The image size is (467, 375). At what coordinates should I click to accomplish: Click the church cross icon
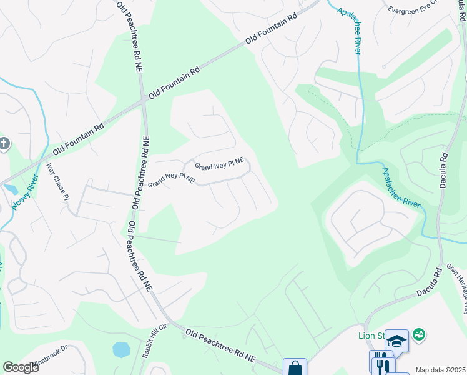pyautogui.click(x=3, y=144)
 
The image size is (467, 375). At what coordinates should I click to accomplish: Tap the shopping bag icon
pyautogui.click(x=294, y=367)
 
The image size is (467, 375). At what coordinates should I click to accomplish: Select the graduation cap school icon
pyautogui.click(x=396, y=341)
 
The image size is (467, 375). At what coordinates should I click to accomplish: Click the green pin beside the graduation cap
pyautogui.click(x=418, y=335)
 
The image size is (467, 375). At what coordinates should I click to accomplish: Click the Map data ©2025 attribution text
pyautogui.click(x=440, y=370)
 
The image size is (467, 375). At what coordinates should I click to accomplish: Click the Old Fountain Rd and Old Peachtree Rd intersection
pyautogui.click(x=144, y=98)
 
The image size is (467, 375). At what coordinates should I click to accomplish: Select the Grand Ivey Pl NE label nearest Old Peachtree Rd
pyautogui.click(x=171, y=180)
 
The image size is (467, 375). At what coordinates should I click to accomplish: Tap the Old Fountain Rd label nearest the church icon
pyautogui.click(x=78, y=139)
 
